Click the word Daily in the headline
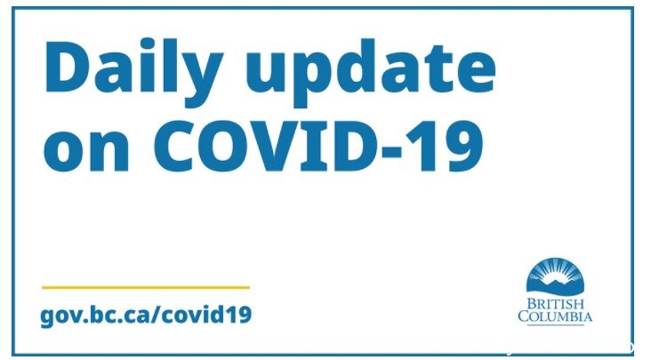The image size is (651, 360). point(133,68)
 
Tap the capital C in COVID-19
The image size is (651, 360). point(175,147)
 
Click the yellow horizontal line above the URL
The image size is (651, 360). point(146,287)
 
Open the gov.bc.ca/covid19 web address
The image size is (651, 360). point(146,315)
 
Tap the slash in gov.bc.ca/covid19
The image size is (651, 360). point(155,315)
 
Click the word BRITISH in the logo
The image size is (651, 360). point(556,304)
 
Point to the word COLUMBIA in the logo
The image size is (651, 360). point(555,316)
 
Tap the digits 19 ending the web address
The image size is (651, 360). point(241,315)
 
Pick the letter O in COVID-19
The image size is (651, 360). point(225,147)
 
